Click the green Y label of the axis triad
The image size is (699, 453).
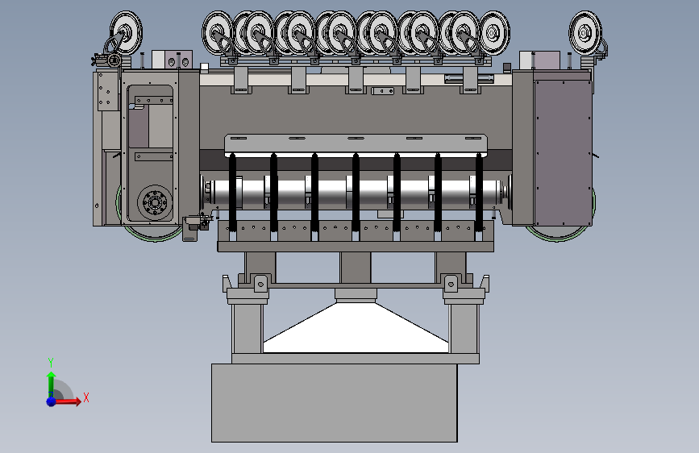click(x=51, y=363)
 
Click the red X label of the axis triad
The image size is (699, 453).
click(x=86, y=397)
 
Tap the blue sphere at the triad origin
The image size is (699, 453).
click(x=52, y=401)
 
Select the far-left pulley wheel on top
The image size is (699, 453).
click(x=126, y=32)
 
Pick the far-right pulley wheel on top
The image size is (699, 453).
click(x=585, y=32)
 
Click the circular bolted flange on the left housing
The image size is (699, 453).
click(x=155, y=203)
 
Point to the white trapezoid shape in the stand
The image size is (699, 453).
click(x=356, y=328)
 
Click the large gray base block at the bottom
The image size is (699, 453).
click(x=335, y=402)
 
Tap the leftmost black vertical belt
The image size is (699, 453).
click(x=232, y=192)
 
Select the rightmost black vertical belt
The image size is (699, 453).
click(x=479, y=192)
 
